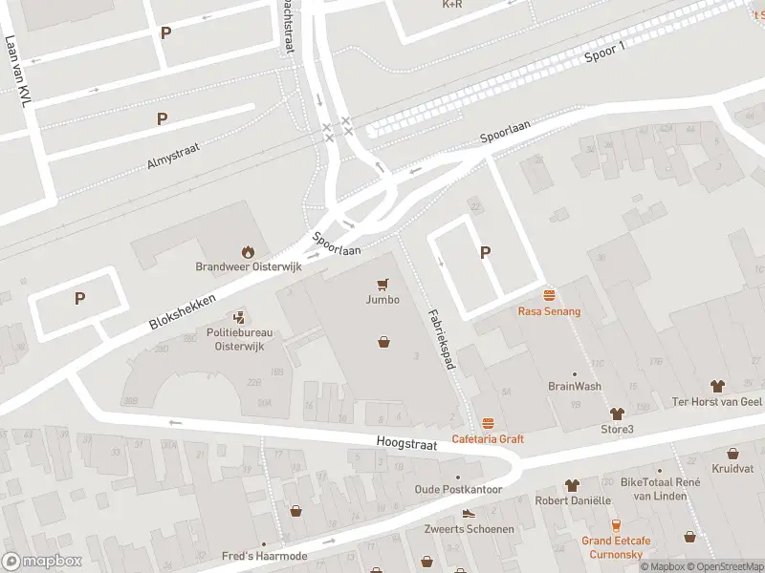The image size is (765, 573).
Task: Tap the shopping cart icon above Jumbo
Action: click(383, 283)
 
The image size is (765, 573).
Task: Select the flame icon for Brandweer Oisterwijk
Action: click(248, 252)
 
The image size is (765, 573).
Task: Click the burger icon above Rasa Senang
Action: click(549, 295)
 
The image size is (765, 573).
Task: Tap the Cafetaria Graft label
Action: click(489, 438)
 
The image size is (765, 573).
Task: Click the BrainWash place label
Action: click(575, 387)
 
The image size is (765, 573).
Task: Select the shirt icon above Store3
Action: click(617, 414)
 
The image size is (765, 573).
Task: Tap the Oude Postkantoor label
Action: click(458, 489)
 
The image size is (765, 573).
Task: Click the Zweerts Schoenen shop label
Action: click(469, 528)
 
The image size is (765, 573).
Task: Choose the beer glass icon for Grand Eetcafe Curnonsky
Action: click(616, 524)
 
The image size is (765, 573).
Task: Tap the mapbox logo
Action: click(43, 561)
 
